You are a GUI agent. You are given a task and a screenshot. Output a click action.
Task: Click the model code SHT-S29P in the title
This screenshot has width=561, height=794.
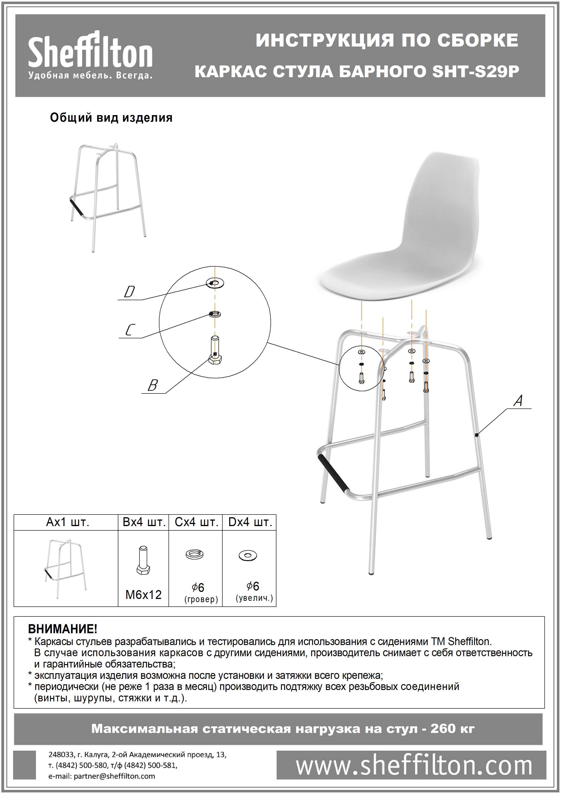[x=476, y=72]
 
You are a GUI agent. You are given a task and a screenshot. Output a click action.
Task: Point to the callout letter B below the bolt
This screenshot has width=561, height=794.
[x=153, y=386]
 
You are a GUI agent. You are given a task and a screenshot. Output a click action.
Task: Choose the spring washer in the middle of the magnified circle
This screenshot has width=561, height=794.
[x=215, y=314]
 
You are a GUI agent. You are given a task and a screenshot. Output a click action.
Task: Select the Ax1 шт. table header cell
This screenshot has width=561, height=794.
[x=67, y=522]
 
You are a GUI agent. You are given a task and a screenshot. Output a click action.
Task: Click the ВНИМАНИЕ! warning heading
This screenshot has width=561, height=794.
[x=63, y=629]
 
